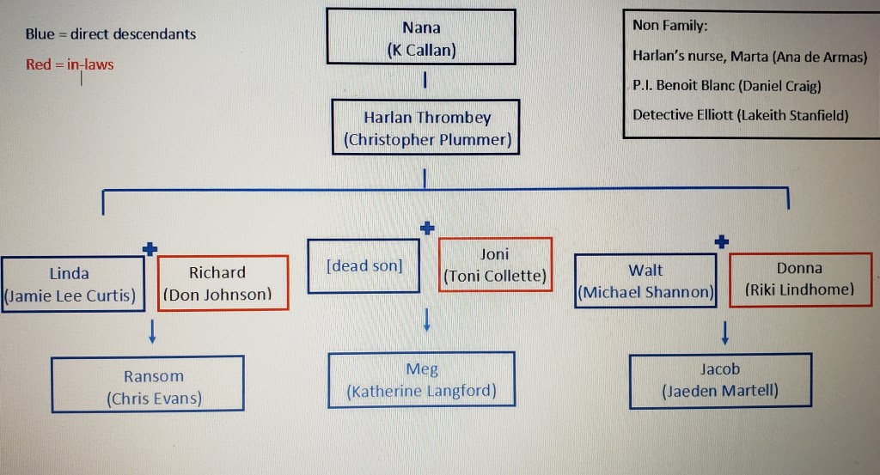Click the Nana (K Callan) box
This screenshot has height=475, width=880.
(x=421, y=36)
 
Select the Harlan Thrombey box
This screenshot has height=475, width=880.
(x=427, y=127)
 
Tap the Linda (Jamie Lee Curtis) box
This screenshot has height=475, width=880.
(x=70, y=283)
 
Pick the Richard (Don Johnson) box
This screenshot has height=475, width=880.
(x=223, y=283)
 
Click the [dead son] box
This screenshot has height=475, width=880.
(x=364, y=265)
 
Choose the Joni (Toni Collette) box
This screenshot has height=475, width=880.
(x=495, y=265)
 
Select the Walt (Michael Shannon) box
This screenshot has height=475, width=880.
(x=645, y=281)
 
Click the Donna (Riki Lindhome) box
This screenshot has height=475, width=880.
(x=799, y=279)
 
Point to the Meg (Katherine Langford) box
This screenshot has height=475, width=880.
(x=421, y=380)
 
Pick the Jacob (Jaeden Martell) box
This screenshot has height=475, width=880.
(x=720, y=380)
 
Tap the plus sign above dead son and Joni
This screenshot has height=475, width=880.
(x=427, y=228)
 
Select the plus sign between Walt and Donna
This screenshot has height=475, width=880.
(x=722, y=242)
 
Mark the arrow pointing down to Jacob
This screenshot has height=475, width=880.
(x=725, y=331)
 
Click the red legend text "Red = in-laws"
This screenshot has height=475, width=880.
(x=70, y=64)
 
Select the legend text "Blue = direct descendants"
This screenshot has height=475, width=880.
(x=111, y=34)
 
